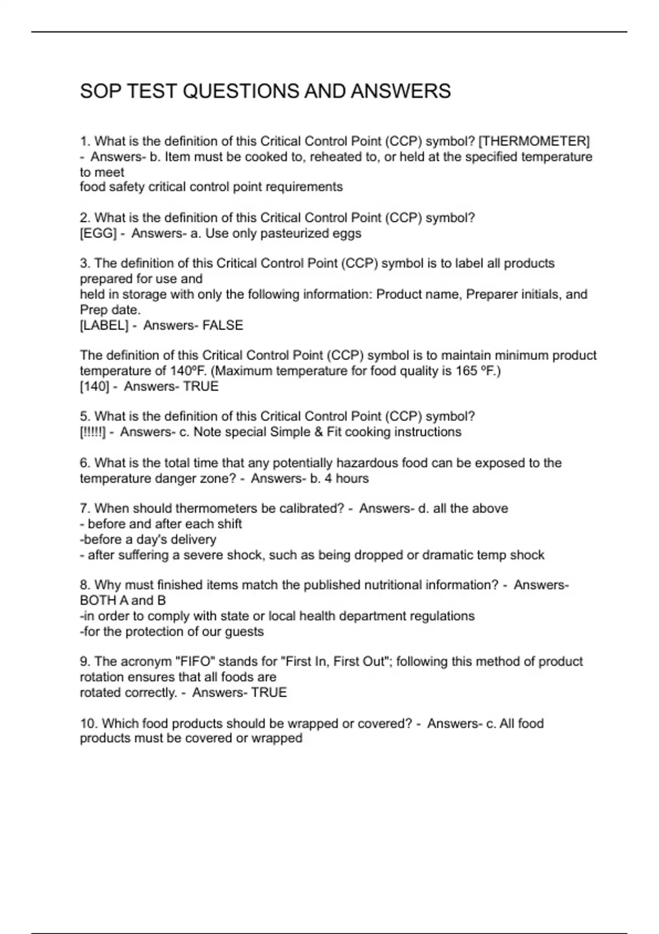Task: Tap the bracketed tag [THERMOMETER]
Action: point(534,141)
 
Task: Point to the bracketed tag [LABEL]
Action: point(104,325)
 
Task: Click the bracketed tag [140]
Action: point(94,386)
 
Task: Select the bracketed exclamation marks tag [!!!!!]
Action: point(92,432)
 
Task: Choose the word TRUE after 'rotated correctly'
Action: point(269,692)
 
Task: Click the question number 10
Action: point(88,724)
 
